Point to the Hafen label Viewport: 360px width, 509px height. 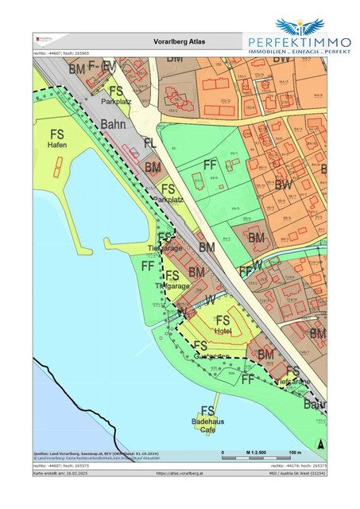coord(58,146)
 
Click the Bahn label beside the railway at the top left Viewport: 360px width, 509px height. coord(114,125)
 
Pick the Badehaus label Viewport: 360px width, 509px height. coord(206,421)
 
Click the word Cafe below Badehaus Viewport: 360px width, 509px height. coord(207,429)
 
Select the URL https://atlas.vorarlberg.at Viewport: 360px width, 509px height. coord(180,473)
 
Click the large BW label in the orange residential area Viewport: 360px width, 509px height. coord(282,185)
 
